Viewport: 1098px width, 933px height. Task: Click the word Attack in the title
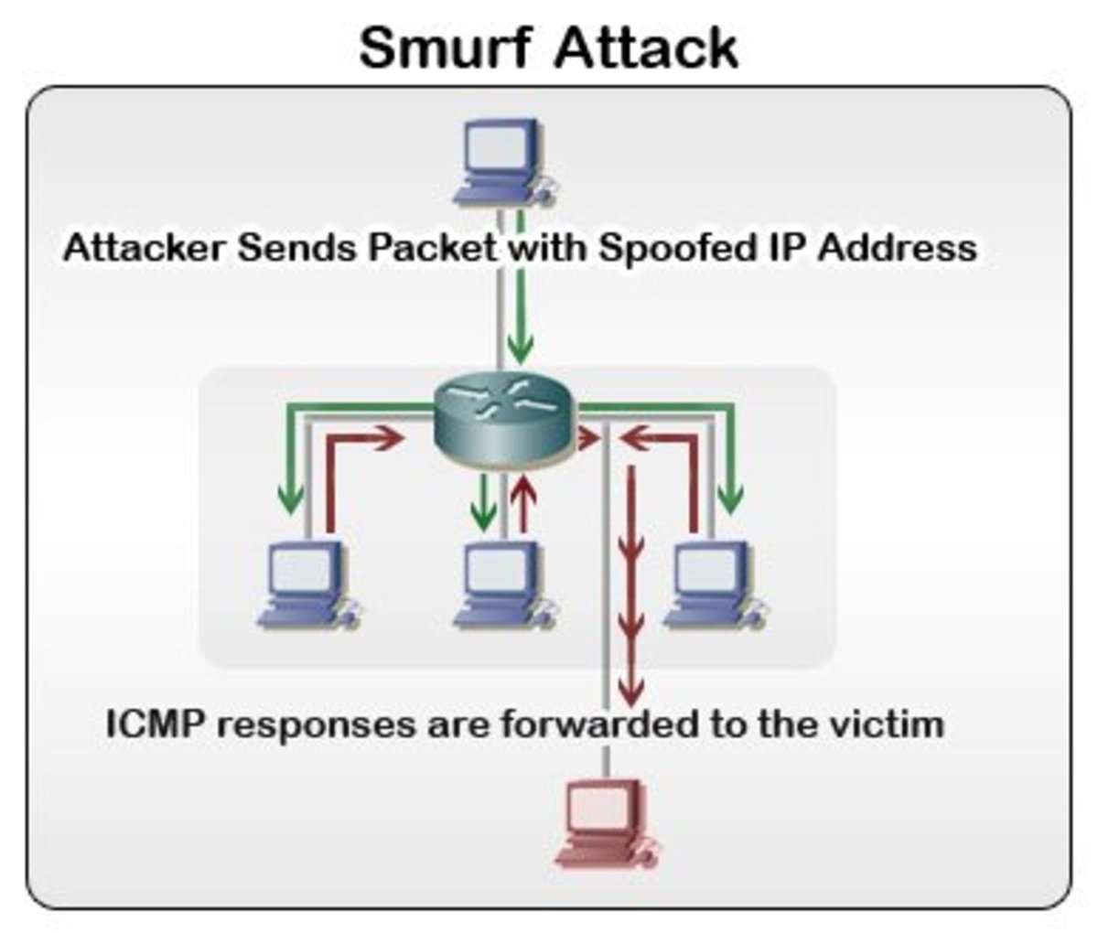[646, 48]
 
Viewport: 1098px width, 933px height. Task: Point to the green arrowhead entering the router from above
[521, 348]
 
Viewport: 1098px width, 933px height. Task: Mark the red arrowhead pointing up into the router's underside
[523, 486]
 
